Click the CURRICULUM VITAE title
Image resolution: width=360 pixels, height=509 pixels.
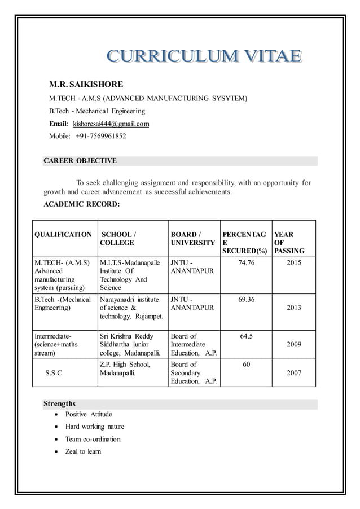pyautogui.click(x=204, y=56)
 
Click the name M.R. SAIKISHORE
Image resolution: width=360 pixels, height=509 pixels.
pyautogui.click(x=86, y=85)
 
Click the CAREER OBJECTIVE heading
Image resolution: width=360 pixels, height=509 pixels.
pyautogui.click(x=80, y=161)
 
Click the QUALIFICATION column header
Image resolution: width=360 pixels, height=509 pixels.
pyautogui.click(x=63, y=234)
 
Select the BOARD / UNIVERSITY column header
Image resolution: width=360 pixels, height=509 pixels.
pyautogui.click(x=192, y=238)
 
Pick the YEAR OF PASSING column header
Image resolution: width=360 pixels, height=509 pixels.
pyautogui.click(x=289, y=242)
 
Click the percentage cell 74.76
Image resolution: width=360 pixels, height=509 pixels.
pyautogui.click(x=246, y=263)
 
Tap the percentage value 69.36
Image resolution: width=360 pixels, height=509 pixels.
pyautogui.click(x=246, y=300)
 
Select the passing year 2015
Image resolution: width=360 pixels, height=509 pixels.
pyautogui.click(x=294, y=263)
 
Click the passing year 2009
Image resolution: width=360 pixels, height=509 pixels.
pyautogui.click(x=294, y=344)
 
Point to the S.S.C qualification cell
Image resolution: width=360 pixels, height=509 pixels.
pyautogui.click(x=54, y=373)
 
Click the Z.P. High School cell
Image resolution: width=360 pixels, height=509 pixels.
pyautogui.click(x=125, y=368)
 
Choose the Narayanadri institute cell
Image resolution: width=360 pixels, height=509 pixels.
pyautogui.click(x=131, y=308)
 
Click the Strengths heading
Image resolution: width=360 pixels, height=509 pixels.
pyautogui.click(x=60, y=404)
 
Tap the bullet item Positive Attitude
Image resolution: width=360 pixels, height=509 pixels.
pyautogui.click(x=89, y=415)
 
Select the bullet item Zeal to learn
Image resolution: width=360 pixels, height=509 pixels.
pyautogui.click(x=83, y=451)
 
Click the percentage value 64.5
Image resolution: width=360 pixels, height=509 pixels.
pyautogui.click(x=246, y=336)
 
